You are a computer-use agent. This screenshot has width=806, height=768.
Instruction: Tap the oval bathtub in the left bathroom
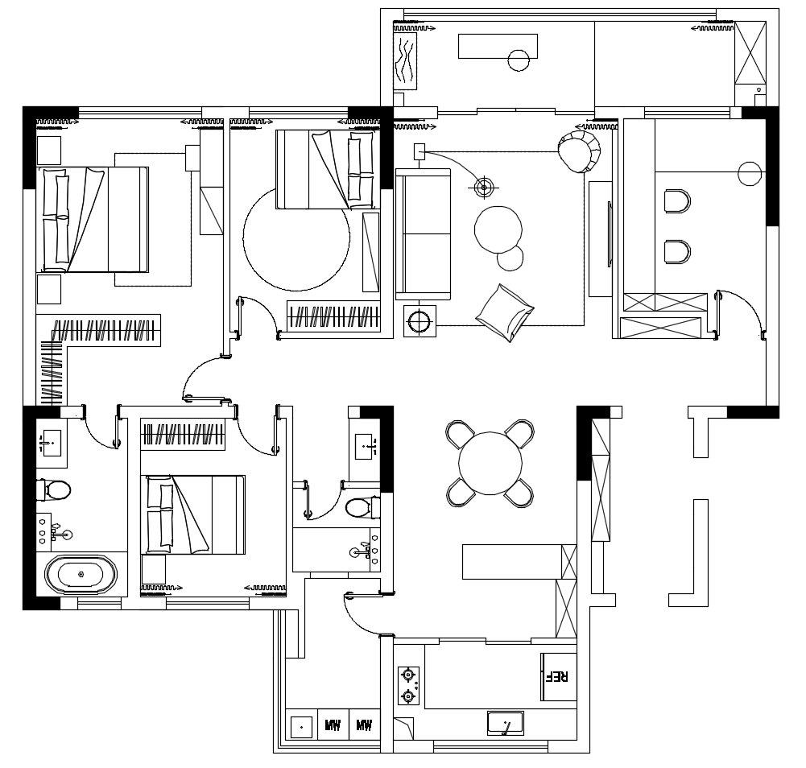(81, 574)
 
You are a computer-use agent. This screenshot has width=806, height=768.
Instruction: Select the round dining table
(490, 463)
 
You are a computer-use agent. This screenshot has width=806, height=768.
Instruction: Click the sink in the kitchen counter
(506, 723)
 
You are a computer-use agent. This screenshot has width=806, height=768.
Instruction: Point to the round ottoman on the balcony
(519, 60)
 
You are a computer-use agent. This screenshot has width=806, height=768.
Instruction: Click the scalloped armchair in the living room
(579, 151)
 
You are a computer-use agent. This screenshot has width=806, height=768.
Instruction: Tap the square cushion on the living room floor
(505, 312)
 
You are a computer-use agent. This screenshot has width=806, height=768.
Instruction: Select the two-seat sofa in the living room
(423, 234)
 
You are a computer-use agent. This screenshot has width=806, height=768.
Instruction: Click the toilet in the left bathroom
(53, 490)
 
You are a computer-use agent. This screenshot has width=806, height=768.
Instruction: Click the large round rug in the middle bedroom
(296, 238)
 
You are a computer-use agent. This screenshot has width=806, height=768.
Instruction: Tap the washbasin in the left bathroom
(51, 443)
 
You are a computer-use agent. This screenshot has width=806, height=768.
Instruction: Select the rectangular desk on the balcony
(498, 46)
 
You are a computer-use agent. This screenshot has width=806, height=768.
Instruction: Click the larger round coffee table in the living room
(498, 229)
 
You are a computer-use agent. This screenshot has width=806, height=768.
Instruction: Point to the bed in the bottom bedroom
(192, 514)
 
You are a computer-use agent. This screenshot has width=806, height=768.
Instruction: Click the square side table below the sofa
(420, 321)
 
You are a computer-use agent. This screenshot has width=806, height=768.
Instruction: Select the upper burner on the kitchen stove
(408, 674)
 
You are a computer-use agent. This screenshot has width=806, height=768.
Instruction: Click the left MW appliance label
(333, 726)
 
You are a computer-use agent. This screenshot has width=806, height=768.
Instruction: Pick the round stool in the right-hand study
(750, 174)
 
